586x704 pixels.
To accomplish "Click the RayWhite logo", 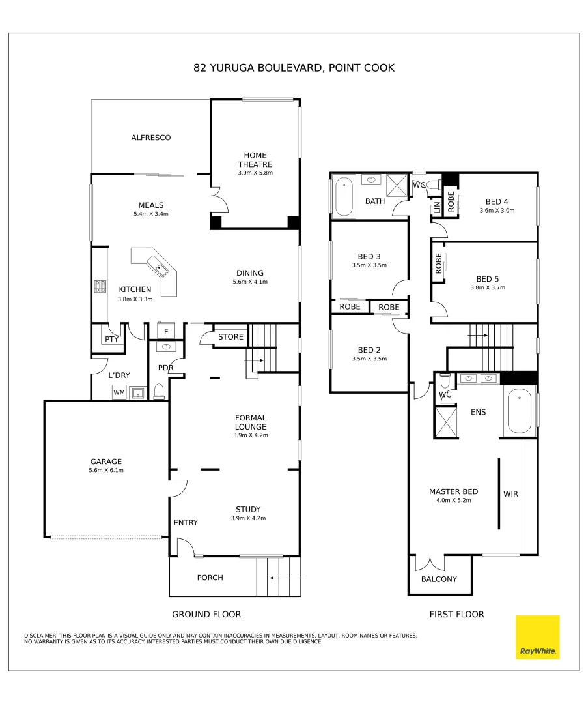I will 537,637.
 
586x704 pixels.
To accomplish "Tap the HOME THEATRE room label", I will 255,160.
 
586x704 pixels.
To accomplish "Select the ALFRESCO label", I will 151,138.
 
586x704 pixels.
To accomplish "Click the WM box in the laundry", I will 119,392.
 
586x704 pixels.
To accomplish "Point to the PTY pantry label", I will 111,340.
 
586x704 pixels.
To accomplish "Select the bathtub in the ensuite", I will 519,411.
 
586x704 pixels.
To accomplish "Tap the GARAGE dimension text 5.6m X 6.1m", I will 106,471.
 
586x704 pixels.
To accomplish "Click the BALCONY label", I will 439,579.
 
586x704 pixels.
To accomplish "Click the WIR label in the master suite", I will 510,494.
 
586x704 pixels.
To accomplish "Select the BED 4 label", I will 497,201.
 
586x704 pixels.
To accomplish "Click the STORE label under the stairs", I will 230,337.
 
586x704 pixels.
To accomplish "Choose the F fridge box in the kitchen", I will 166,332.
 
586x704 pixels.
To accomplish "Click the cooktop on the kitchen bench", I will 101,287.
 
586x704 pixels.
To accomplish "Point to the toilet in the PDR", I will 159,391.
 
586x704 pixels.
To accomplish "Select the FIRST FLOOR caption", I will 456,614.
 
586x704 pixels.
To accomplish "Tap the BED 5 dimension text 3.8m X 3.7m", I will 488,287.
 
